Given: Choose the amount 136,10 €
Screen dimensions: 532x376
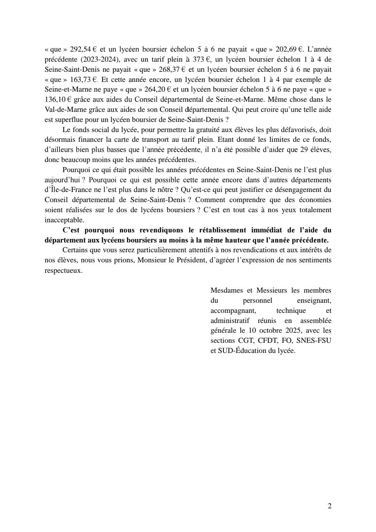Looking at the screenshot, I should coord(58,99).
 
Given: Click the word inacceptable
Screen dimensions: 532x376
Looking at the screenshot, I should coord(64,220).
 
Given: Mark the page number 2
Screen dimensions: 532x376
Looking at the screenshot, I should coord(329,506).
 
